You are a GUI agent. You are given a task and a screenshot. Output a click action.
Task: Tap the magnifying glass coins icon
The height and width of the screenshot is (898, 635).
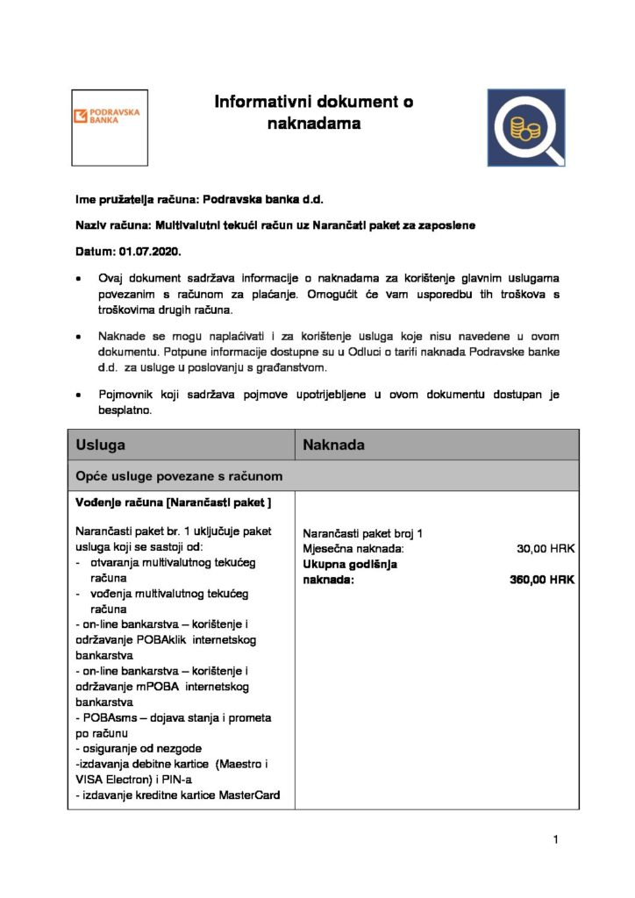[526, 127]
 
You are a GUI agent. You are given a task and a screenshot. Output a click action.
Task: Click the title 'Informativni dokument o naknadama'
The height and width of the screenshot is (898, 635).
[314, 112]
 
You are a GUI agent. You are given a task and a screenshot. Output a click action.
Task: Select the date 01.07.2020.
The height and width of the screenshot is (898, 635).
[154, 252]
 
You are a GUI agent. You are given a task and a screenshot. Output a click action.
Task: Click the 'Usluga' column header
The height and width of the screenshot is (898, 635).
[100, 445]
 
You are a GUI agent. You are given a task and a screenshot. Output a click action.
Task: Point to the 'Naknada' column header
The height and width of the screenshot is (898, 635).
[333, 445]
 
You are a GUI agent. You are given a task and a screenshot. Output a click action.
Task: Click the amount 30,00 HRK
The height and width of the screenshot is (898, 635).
[546, 549]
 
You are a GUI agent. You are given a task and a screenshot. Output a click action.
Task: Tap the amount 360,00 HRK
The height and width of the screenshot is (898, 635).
[542, 580]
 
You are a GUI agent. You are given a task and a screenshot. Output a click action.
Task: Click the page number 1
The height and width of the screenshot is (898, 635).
[556, 840]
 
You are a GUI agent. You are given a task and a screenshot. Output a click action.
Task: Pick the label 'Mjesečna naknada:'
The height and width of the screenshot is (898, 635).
[353, 549]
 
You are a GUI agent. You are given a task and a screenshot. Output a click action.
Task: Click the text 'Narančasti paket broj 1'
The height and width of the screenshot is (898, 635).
[363, 534]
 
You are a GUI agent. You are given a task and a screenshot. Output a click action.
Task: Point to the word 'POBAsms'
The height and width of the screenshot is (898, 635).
[110, 717]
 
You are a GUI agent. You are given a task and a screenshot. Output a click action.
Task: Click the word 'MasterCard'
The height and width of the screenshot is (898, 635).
[248, 795]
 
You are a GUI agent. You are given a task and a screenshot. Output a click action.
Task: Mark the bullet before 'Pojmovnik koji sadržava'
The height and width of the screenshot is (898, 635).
[81, 396]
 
